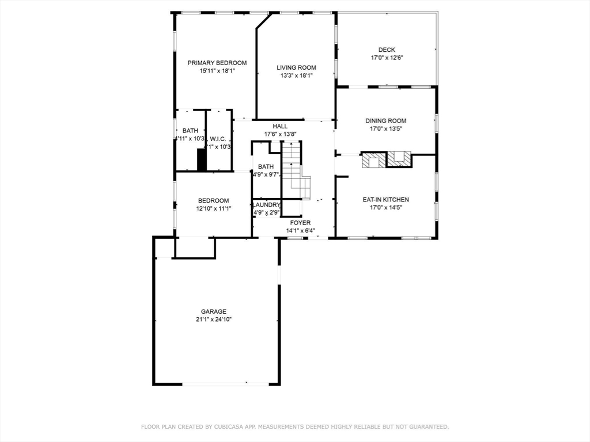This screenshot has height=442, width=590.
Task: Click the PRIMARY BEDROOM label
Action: point(217,63)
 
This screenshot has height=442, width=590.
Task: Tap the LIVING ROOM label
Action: point(296,67)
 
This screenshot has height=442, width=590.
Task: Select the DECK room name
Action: point(387,50)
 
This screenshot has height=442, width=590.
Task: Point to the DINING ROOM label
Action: point(385,121)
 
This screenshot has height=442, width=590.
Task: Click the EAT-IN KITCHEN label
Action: point(385,200)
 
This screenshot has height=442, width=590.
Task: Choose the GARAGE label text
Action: point(214,311)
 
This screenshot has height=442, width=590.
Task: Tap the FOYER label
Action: point(300,223)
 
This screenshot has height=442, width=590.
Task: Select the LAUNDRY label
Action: point(266,205)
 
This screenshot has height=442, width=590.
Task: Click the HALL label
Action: point(280,127)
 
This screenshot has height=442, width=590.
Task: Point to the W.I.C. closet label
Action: point(218,139)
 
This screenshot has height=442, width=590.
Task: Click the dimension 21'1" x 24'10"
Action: point(214,319)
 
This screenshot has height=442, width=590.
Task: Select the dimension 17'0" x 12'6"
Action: point(387,58)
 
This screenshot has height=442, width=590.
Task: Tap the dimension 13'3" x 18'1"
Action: point(296,75)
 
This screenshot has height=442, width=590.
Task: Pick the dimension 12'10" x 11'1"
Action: point(214,208)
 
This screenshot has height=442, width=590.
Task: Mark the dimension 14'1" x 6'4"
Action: point(300,231)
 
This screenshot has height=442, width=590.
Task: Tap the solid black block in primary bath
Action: point(202,159)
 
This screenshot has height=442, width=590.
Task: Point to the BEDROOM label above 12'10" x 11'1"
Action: point(214,200)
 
